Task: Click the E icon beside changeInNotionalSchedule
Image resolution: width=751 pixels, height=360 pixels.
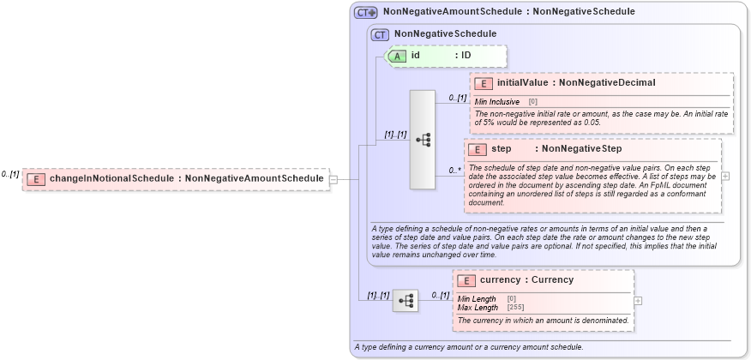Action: [x=36, y=178]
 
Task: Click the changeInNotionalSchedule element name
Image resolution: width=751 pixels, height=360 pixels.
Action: [x=113, y=178]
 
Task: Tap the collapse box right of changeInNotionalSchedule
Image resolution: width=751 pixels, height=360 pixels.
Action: [x=333, y=179]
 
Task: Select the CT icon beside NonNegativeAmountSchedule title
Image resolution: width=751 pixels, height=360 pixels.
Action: [x=366, y=12]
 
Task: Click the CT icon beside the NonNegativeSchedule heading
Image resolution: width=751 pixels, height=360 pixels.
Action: [x=380, y=34]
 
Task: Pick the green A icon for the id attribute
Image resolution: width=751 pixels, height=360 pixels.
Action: [x=399, y=56]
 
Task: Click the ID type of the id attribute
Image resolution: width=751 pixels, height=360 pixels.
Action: [x=466, y=56]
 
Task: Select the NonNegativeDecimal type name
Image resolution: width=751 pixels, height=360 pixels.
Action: [x=607, y=83]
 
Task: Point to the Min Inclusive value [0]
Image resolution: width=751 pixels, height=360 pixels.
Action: [x=532, y=102]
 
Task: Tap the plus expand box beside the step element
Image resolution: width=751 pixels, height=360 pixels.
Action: [x=725, y=176]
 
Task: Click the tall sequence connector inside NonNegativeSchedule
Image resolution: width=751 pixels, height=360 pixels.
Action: [x=423, y=139]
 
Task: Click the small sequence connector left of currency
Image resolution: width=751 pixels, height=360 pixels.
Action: [x=406, y=300]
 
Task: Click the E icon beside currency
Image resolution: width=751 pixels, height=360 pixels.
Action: [x=467, y=280]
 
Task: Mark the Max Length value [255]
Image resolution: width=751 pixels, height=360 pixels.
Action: [x=515, y=307]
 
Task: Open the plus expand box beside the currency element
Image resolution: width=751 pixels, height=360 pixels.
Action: [x=638, y=301]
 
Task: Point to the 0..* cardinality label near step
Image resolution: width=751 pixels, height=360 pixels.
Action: [x=455, y=170]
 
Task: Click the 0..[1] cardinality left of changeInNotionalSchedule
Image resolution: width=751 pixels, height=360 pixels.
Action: [x=10, y=174]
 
